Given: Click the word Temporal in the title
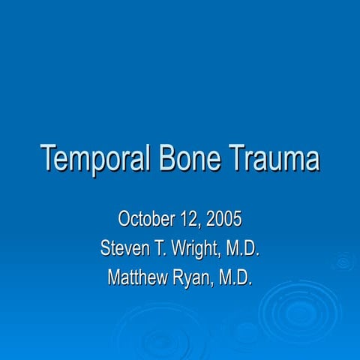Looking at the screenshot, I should pyautogui.click(x=95, y=159).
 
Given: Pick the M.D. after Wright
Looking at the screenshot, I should pyautogui.click(x=243, y=248).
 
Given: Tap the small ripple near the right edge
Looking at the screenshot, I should pyautogui.click(x=343, y=262).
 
